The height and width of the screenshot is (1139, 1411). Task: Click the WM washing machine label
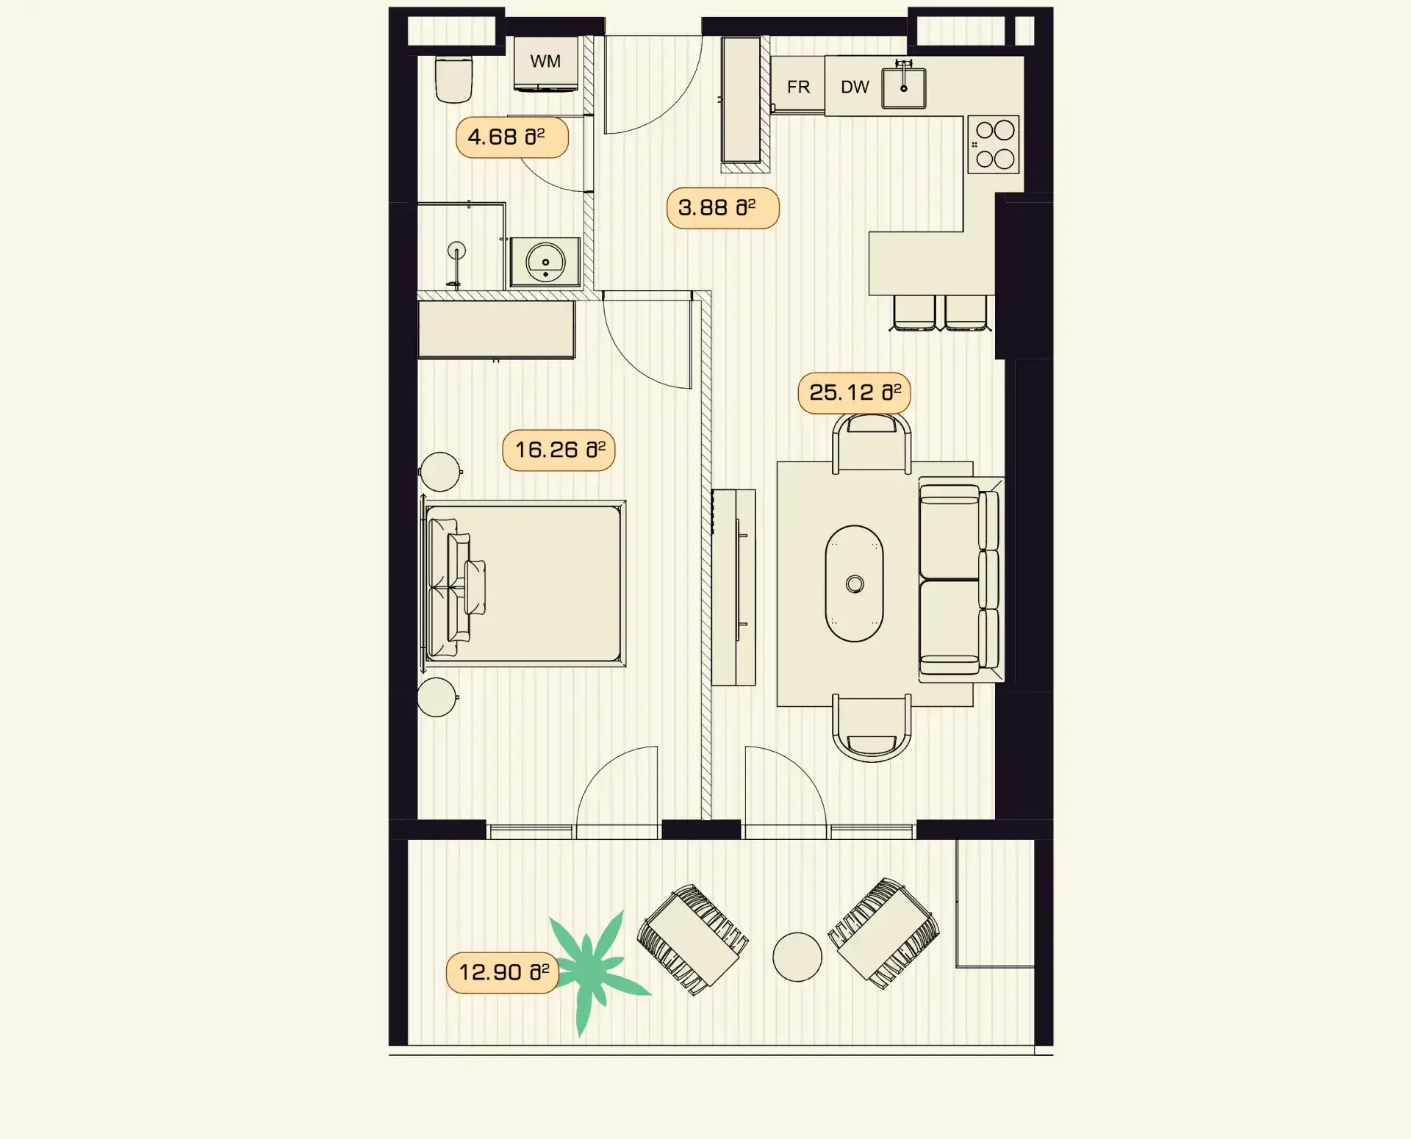tap(545, 62)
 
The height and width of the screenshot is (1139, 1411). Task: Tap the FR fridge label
tap(798, 87)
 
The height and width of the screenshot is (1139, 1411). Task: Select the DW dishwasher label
tap(855, 87)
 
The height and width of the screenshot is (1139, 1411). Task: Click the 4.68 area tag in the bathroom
tap(512, 137)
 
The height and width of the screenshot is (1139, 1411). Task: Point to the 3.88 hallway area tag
tap(722, 208)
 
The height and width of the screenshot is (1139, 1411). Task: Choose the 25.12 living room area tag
tap(855, 392)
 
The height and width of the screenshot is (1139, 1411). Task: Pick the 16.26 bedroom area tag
tap(559, 450)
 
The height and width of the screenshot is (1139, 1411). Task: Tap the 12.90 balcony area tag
tap(503, 972)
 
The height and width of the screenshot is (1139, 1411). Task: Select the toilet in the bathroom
tap(453, 79)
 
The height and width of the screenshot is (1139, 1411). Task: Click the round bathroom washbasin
tap(545, 262)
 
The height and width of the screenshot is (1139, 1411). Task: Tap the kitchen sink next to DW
tap(904, 87)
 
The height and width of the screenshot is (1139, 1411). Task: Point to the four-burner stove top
tap(994, 145)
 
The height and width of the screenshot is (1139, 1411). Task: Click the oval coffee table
tap(855, 583)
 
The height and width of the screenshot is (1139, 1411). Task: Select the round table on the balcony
tap(797, 957)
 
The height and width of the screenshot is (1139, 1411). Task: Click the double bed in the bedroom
tap(523, 583)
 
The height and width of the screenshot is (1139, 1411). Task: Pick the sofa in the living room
tap(959, 580)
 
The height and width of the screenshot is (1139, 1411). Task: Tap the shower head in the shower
tap(457, 251)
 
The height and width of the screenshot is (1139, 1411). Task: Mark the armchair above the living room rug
tap(872, 442)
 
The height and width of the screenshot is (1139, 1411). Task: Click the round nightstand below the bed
tap(437, 697)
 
